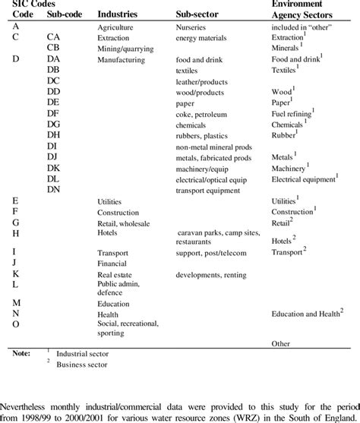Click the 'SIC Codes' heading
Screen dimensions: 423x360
pyautogui.click(x=31, y=5)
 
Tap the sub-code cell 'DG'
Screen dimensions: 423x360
pyautogui.click(x=53, y=123)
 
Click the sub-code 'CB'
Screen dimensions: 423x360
pyautogui.click(x=53, y=47)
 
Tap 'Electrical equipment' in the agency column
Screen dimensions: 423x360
pyautogui.click(x=304, y=179)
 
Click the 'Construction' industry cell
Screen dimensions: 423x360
pyautogui.click(x=123, y=213)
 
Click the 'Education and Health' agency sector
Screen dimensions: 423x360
pyautogui.click(x=307, y=313)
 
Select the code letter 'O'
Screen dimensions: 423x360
pyautogui.click(x=17, y=324)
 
